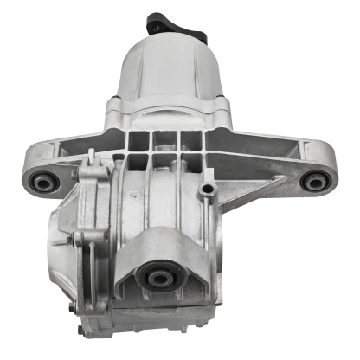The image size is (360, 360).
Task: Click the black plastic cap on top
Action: click(163, 22)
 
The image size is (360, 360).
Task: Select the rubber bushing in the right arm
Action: click(315, 181)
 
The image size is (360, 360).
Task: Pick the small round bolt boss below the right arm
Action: click(206, 188)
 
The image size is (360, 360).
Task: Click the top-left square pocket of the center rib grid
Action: click(139, 139)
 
